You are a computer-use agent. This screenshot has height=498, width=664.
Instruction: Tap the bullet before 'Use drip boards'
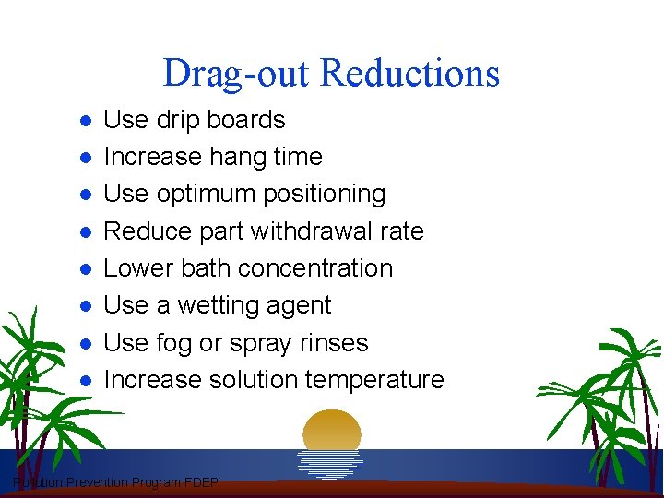point(84,121)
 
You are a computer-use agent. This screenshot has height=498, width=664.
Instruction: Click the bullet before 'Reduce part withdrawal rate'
point(84,232)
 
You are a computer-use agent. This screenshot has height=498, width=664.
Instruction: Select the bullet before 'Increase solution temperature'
point(84,380)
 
